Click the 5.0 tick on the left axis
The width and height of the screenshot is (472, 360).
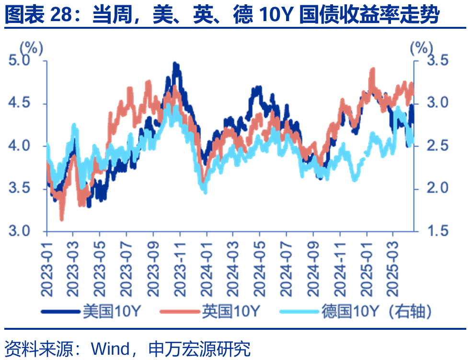pyautogui.click(x=21, y=60)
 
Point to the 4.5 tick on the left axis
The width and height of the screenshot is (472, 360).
pyautogui.click(x=21, y=103)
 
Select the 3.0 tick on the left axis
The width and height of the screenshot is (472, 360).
pyautogui.click(x=21, y=231)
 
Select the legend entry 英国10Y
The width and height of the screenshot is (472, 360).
pyautogui.click(x=230, y=312)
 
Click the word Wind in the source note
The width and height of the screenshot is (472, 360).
pyautogui.click(x=110, y=348)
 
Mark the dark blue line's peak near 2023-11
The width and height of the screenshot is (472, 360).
pyautogui.click(x=175, y=64)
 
